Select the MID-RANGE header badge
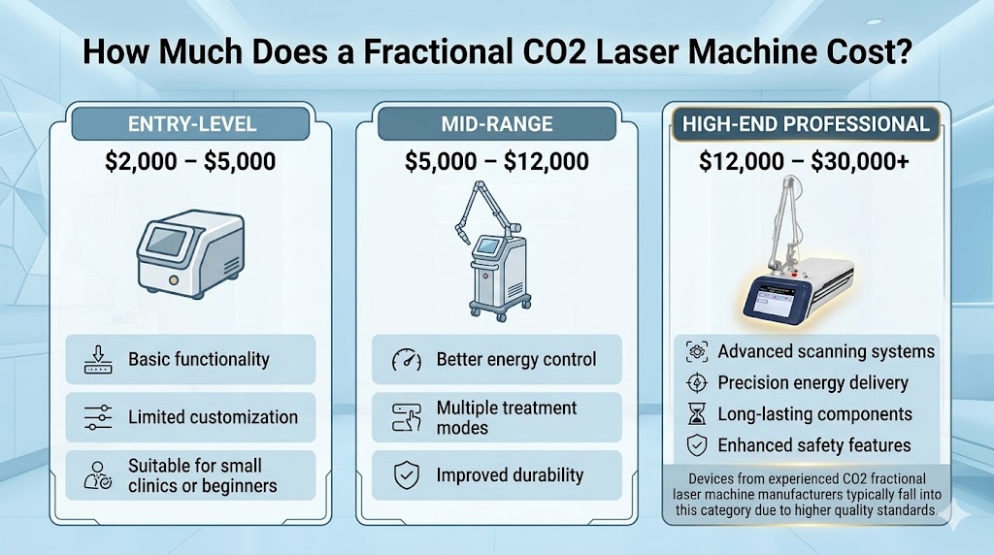pyautogui.click(x=496, y=123)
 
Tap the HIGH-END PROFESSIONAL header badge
pyautogui.click(x=805, y=123)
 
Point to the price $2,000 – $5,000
pyautogui.click(x=190, y=160)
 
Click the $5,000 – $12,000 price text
pyautogui.click(x=496, y=160)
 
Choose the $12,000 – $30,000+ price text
pyautogui.click(x=805, y=162)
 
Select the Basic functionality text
pyautogui.click(x=199, y=359)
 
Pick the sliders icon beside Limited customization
pyautogui.click(x=96, y=417)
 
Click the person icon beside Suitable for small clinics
pyautogui.click(x=97, y=475)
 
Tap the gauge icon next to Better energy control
pyautogui.click(x=405, y=360)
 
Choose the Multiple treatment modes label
pyautogui.click(x=507, y=418)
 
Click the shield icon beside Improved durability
pyautogui.click(x=405, y=475)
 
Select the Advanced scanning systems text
pyautogui.click(x=826, y=351)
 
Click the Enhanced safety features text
pyautogui.click(x=814, y=445)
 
